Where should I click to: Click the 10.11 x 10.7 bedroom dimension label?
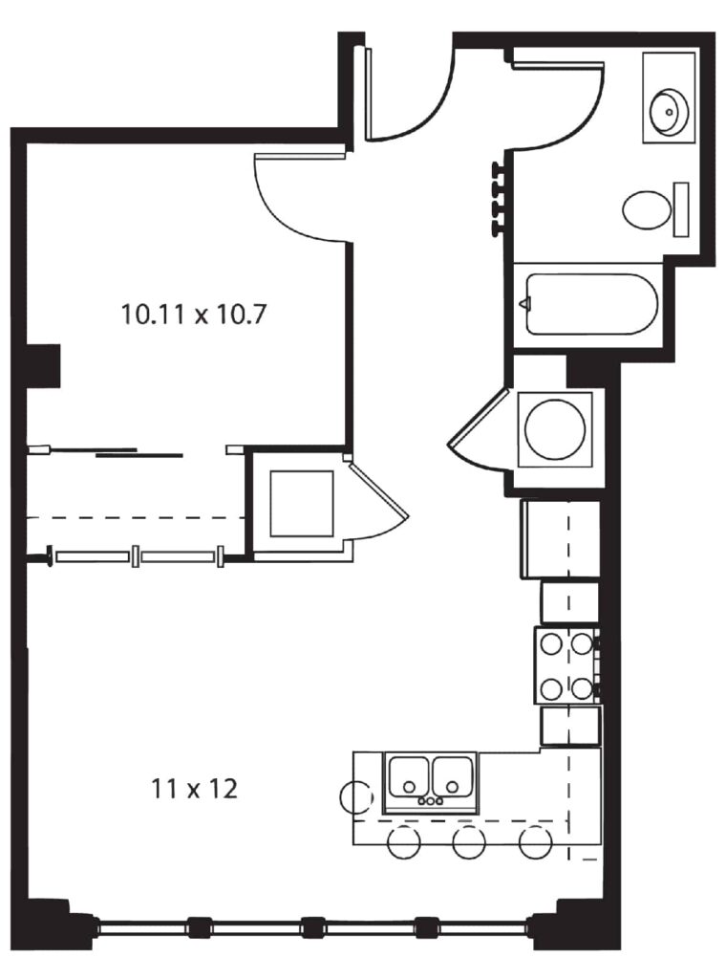pos(195,314)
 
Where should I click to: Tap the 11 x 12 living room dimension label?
pos(195,790)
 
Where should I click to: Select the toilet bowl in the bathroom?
pos(646,209)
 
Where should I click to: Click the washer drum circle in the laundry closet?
pos(555,429)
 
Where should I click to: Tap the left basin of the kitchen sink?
pos(409,777)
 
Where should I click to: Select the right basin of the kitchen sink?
pos(453,777)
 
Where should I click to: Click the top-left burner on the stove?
pos(552,643)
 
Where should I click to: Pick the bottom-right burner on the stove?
pos(582,688)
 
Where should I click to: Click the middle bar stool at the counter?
pos(469,842)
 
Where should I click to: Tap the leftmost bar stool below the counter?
pos(403,842)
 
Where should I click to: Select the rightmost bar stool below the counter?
pos(536,842)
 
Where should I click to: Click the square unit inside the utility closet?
pos(302,503)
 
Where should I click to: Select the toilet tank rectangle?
pos(681,209)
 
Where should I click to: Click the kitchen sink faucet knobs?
pos(431,801)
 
